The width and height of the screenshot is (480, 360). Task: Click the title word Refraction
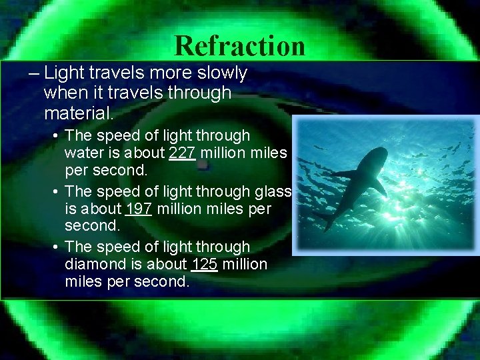coord(240,45)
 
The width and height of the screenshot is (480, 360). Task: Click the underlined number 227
coord(182,153)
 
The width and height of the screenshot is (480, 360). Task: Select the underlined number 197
coord(138,209)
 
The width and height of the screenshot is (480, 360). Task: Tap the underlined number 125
coord(204,264)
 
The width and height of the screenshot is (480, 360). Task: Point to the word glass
coord(273,191)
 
